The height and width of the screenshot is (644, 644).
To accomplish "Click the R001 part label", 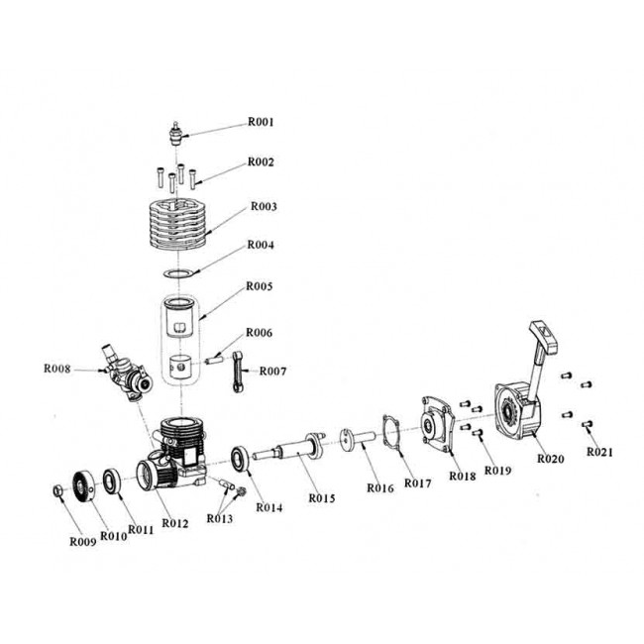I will [x=260, y=122].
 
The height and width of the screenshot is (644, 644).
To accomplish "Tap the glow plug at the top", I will [x=176, y=133].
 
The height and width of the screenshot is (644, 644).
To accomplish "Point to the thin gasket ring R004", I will [x=177, y=271].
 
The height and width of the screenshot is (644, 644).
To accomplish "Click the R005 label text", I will [x=262, y=286].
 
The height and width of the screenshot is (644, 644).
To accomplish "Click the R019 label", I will [x=498, y=472].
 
